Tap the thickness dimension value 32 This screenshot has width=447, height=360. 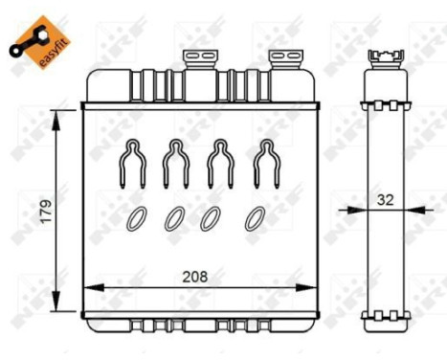(385, 202)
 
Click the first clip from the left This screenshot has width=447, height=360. (132, 162)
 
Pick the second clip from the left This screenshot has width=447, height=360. (175, 162)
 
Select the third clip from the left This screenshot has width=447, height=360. (218, 162)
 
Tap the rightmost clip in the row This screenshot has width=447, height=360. (261, 162)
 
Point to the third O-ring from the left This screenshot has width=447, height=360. (212, 218)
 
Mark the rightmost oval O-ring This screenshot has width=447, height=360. (254, 218)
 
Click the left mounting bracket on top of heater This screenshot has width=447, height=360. (202, 60)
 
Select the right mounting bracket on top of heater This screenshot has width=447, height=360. (284, 60)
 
